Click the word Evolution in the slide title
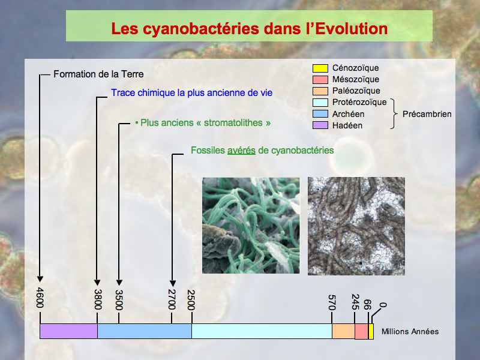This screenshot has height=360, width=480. coord(352,28)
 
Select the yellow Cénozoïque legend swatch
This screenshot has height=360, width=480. coord(320,68)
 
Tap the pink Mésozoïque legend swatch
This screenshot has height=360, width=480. coord(320,80)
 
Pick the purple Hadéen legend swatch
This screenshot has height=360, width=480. coord(320,125)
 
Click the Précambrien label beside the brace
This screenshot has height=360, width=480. coord(427,114)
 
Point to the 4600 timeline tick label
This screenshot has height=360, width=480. coord(40,298)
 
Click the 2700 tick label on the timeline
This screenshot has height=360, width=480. coord(172,299)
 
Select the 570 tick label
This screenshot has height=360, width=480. coord(332,302)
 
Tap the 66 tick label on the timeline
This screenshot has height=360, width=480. coord(367,305)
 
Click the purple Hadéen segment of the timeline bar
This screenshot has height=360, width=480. coord(68,331)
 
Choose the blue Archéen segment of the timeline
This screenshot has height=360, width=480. coord(145,331)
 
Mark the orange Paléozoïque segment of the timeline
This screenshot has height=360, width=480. coord(343,331)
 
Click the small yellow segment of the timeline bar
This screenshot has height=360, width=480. coord(371,331)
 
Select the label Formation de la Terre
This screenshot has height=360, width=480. coord(98,74)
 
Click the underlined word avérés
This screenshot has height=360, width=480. coord(241,151)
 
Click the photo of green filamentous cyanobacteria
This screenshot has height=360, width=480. coord(251,226)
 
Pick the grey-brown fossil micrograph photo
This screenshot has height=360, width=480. coord(356,226)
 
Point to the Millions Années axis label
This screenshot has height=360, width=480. coord(410,332)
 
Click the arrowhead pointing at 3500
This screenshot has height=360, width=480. coord(119,282)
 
